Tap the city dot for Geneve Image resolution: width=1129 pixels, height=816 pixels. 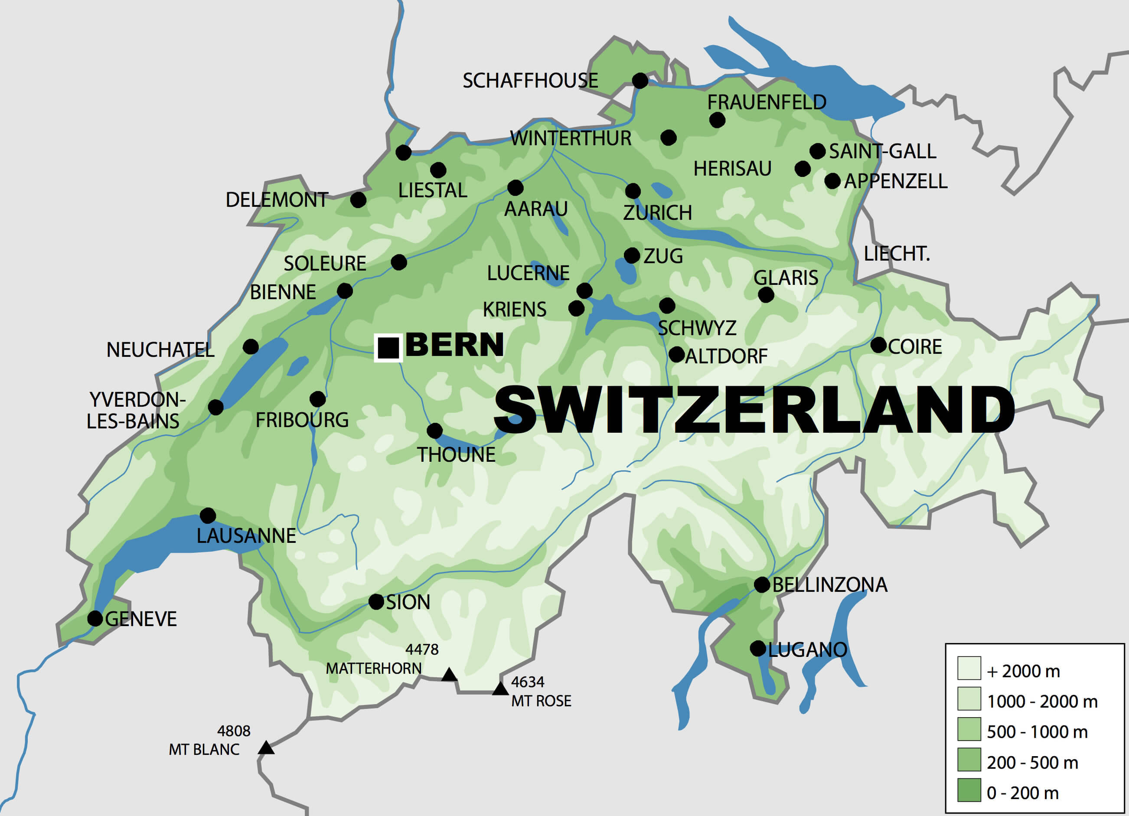[95, 619]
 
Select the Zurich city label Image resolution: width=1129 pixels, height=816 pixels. [657, 213]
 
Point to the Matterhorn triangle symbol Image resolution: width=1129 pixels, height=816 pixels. [449, 676]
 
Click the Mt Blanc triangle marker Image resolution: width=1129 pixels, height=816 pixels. [266, 748]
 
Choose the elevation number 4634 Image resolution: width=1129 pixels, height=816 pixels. [528, 682]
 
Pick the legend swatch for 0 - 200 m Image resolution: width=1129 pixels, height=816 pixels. [969, 790]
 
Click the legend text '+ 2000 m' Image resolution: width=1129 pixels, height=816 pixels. [1024, 672]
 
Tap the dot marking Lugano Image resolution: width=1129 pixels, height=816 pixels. [757, 649]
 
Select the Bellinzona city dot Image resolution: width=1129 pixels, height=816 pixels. [762, 584]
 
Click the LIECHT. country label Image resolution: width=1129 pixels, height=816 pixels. [897, 254]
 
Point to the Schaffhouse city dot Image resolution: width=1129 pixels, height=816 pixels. [640, 80]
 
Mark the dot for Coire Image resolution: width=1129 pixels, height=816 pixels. [878, 345]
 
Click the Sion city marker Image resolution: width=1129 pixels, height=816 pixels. [376, 601]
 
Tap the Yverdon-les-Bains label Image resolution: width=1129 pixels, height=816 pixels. [134, 410]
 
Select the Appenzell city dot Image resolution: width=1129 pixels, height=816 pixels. [832, 181]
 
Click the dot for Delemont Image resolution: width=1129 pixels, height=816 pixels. [358, 200]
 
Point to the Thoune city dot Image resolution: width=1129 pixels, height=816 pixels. [434, 431]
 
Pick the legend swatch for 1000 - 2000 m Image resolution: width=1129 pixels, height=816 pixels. [969, 698]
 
